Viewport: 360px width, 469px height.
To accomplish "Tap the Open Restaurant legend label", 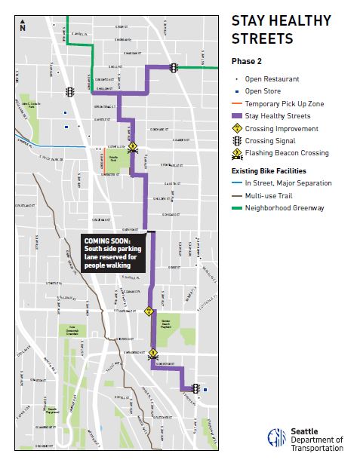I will pyautogui.click(x=272, y=78).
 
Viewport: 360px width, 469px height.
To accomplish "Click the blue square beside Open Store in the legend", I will pyautogui.click(x=236, y=91).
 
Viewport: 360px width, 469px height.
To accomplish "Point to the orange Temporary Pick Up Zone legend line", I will pyautogui.click(x=236, y=103).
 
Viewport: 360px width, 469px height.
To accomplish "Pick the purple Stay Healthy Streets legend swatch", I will pyautogui.click(x=236, y=116).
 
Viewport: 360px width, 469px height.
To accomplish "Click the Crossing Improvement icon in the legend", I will pyautogui.click(x=236, y=128).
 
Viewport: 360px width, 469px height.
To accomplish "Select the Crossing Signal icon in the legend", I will pyautogui.click(x=236, y=140).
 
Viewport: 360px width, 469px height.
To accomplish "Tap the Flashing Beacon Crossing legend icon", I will pyautogui.click(x=236, y=153).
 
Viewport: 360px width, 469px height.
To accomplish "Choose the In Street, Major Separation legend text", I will pyautogui.click(x=288, y=183).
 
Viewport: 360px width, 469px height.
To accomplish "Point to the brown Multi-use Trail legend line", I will pyautogui.click(x=236, y=195).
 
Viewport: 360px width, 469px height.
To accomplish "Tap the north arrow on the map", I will pyautogui.click(x=23, y=26).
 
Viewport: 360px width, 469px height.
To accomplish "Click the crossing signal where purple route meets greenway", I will pyautogui.click(x=174, y=68).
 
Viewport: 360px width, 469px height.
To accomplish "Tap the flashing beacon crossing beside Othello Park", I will pyautogui.click(x=132, y=147).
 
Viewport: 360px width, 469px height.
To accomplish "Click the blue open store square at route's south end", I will pyautogui.click(x=206, y=389).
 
